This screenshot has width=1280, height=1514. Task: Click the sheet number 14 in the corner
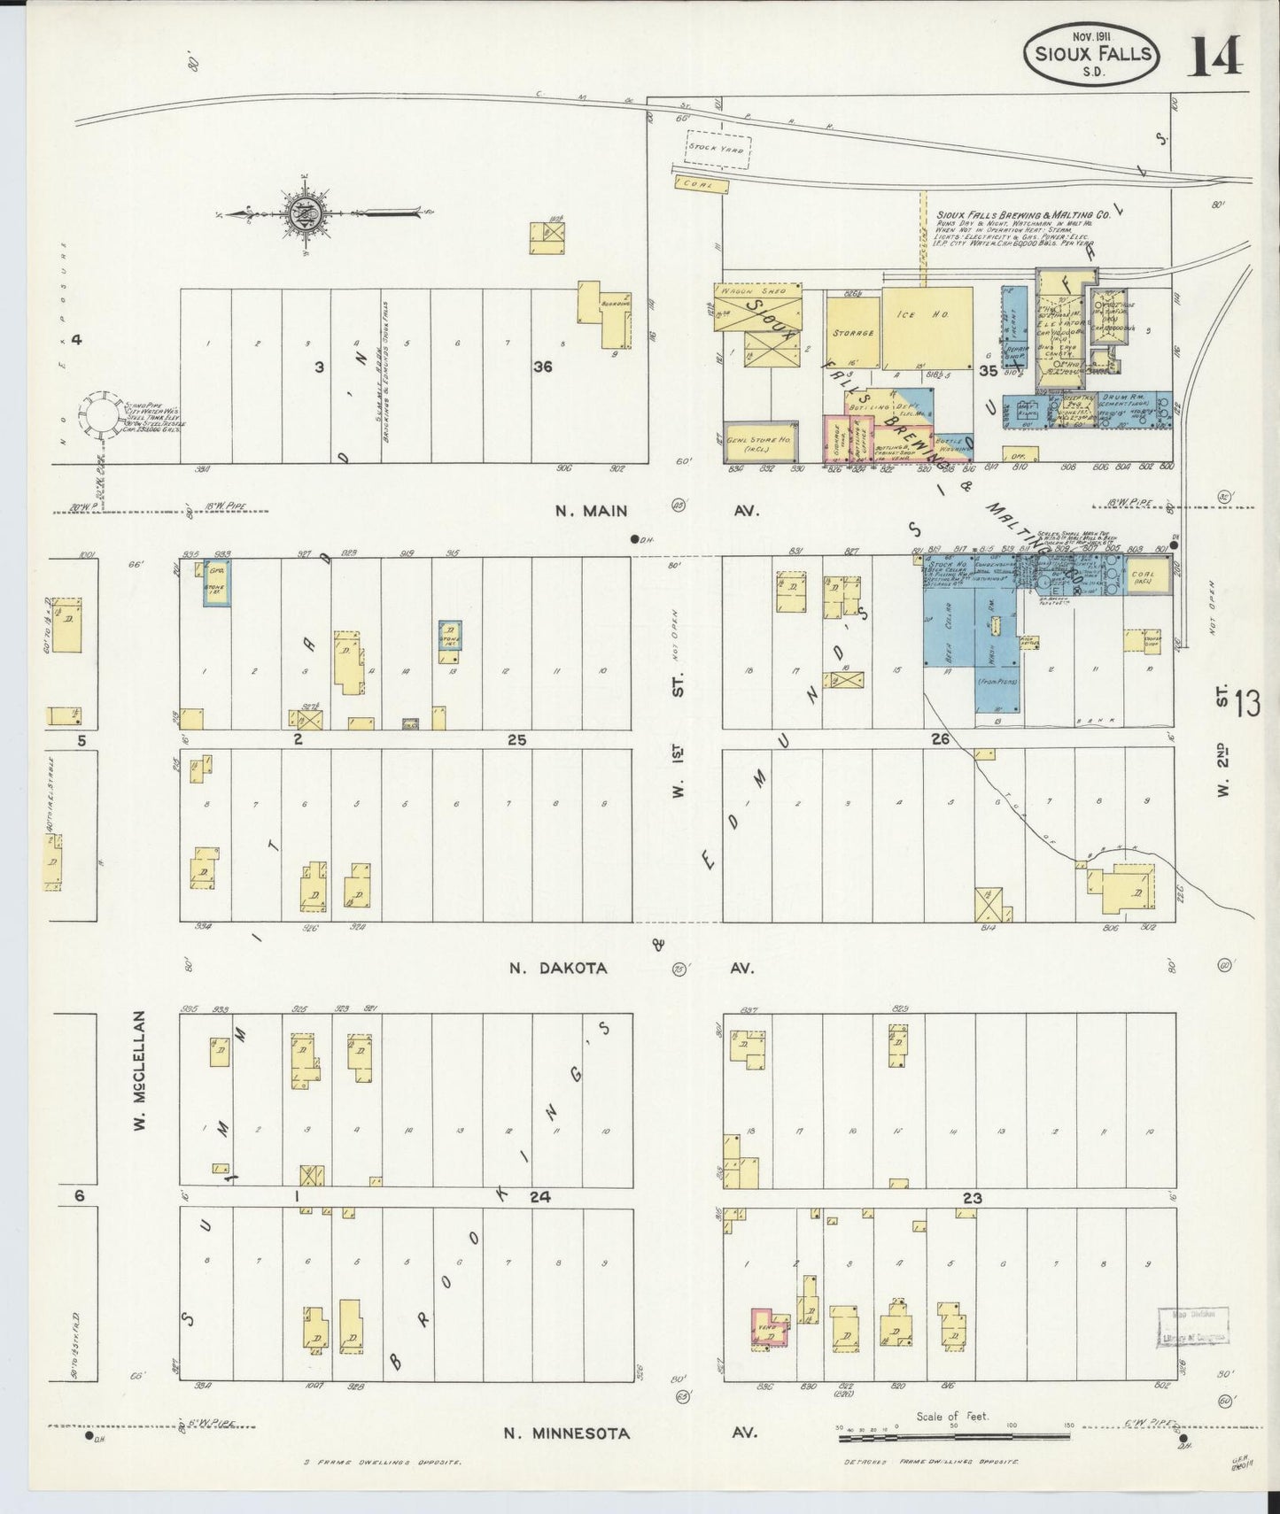coord(1216,58)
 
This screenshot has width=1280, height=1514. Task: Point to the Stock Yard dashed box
coord(718,151)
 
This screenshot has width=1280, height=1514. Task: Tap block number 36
coord(542,366)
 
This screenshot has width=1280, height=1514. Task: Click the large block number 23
coord(973,1198)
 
